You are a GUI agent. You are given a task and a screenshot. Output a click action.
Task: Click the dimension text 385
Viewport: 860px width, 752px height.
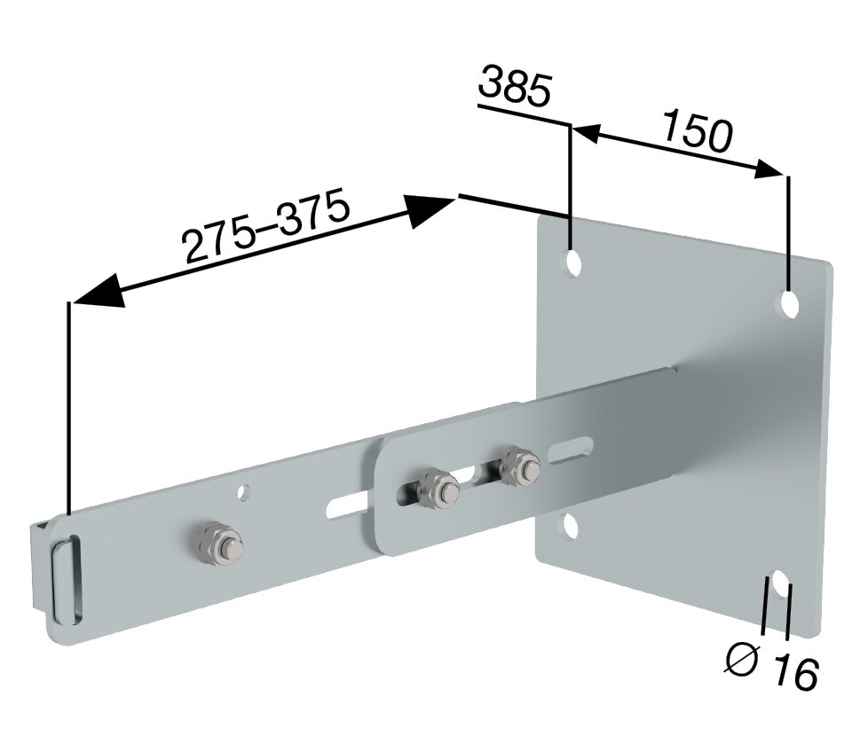pos(516,88)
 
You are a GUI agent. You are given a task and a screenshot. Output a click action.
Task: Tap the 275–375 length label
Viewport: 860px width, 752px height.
pos(267,229)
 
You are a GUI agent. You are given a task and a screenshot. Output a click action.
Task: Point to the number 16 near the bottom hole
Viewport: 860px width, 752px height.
pos(793,673)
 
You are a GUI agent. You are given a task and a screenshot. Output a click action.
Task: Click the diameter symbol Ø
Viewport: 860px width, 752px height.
pos(743,660)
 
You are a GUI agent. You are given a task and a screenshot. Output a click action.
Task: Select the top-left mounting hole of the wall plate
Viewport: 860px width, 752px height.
pos(572,262)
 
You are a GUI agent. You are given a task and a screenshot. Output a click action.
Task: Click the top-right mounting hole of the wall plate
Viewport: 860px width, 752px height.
pos(789,304)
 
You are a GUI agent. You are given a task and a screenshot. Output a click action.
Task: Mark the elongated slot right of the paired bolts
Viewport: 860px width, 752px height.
pos(570,449)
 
